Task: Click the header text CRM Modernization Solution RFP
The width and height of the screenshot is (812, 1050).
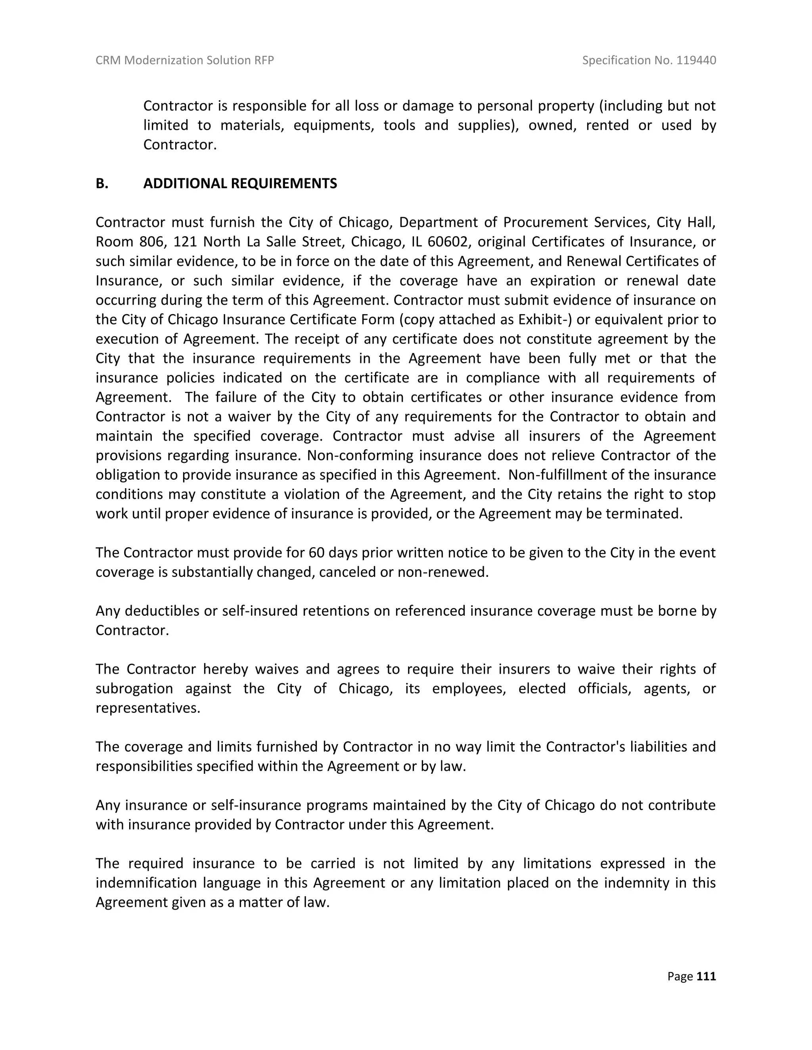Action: (185, 60)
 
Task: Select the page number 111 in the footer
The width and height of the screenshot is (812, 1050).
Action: (706, 976)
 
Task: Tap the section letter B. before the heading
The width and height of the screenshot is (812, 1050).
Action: (102, 184)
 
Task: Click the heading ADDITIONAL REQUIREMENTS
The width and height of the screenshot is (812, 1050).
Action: (240, 184)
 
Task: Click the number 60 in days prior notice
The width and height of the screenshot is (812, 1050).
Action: (316, 553)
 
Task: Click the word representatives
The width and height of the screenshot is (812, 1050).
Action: (147, 708)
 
